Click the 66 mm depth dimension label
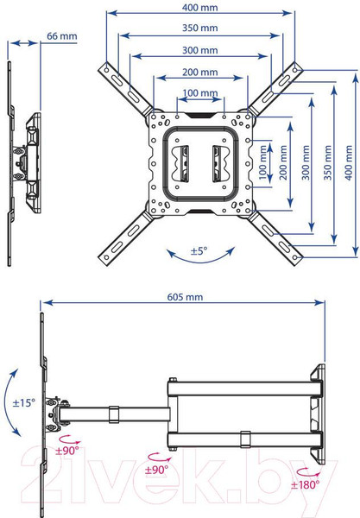62,36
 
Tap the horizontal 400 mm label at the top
199,8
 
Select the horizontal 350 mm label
199,28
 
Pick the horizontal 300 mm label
199,50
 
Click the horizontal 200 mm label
199,72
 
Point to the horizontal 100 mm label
199,93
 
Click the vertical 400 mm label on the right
349,163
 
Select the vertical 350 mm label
327,163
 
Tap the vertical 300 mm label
306,163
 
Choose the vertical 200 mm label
283,163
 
